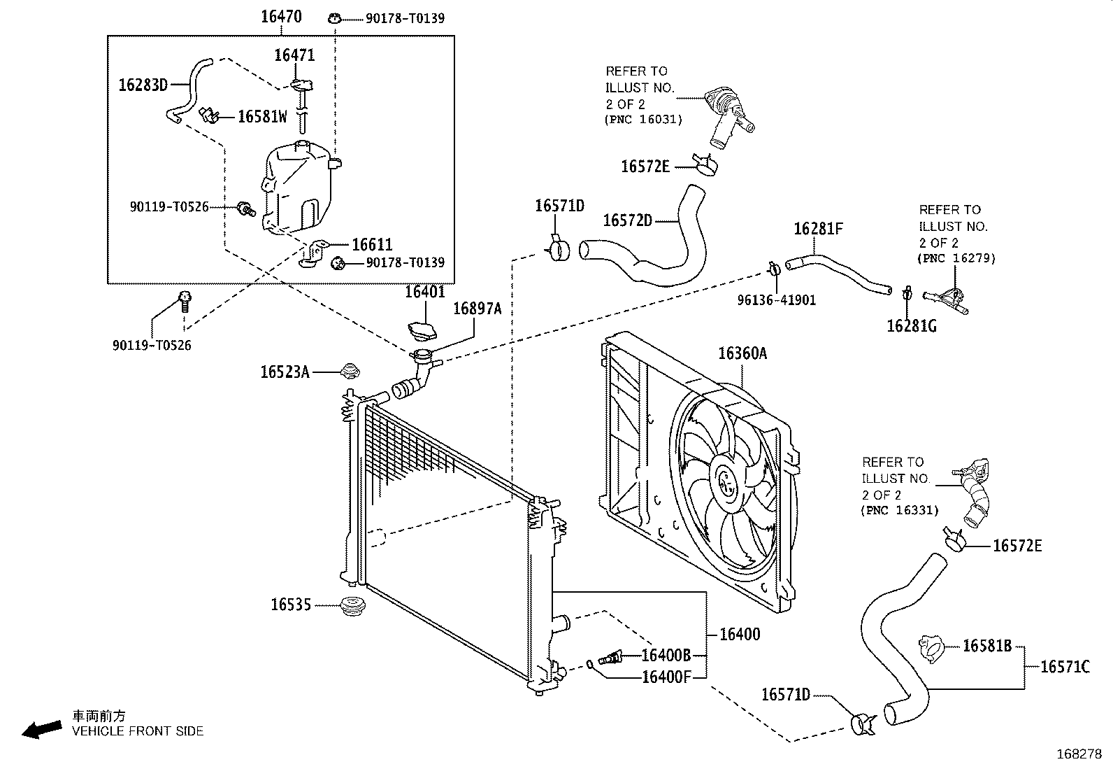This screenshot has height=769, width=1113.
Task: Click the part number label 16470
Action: (281, 17)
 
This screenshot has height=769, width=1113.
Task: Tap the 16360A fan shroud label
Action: (742, 353)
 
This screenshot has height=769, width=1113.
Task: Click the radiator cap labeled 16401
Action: (422, 331)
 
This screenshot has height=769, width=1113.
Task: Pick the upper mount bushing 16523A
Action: (350, 371)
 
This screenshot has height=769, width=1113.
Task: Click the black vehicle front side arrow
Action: (42, 730)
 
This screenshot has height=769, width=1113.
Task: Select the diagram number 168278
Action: (1079, 754)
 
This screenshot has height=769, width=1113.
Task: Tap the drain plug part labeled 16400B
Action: (610, 658)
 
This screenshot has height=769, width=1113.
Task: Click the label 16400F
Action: (666, 677)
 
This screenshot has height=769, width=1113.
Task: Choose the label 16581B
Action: (987, 646)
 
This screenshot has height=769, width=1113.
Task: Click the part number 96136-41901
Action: (777, 300)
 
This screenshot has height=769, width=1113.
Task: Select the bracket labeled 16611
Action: (314, 254)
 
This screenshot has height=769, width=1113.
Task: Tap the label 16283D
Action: (143, 85)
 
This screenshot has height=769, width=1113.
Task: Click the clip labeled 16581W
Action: (210, 116)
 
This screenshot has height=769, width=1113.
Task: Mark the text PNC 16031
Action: (643, 120)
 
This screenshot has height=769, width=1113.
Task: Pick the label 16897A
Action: (477, 309)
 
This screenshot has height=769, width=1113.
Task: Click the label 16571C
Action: (1065, 667)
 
